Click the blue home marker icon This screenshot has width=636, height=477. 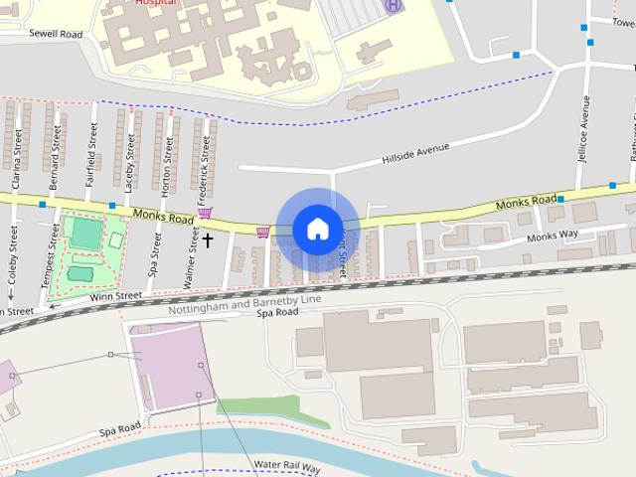tap(317, 229)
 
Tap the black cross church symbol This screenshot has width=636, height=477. tap(208, 239)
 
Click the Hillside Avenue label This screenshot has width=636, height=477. tap(415, 153)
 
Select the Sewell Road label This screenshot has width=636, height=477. tap(57, 33)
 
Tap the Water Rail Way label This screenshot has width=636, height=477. tap(287, 465)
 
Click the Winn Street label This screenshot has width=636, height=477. tap(117, 295)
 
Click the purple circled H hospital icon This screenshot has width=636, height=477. tap(395, 6)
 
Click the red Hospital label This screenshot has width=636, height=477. tap(150, 3)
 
